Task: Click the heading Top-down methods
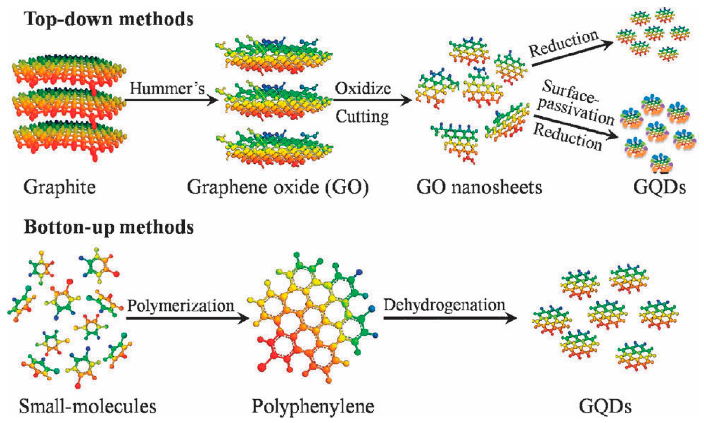coord(109,19)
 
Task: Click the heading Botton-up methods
coord(109,227)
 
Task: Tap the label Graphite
coord(60,187)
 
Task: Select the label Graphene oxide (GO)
coord(278,187)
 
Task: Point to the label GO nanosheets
coord(479,187)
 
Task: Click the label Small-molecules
coord(87,406)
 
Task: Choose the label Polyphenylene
coord(313,406)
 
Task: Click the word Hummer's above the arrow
coord(167,88)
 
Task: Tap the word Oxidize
coord(363,88)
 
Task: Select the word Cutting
coord(362,117)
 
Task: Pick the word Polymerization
coord(181,306)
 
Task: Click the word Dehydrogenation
coord(444,305)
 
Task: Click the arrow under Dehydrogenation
coord(450,318)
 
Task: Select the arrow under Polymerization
coord(187,318)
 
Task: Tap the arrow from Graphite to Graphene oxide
coord(171,99)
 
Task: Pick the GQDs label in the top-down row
coord(659,187)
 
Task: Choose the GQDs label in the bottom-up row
coord(605,406)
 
